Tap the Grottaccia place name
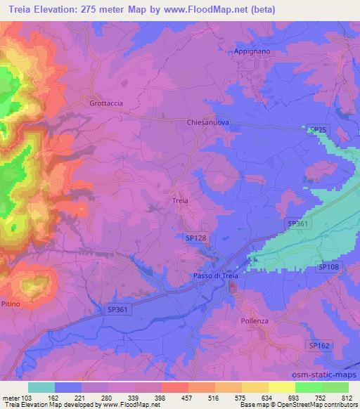(x=106, y=103)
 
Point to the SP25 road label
(x=318, y=130)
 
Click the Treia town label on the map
(x=180, y=200)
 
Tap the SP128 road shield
(x=196, y=238)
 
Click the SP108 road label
(x=328, y=266)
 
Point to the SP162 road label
(x=319, y=345)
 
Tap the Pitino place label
(x=10, y=303)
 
